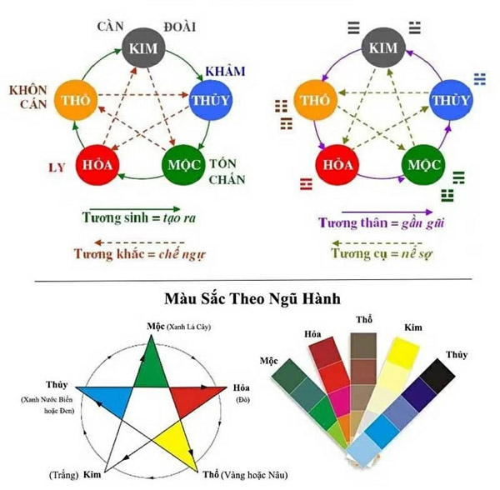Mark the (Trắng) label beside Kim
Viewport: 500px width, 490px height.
64,475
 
